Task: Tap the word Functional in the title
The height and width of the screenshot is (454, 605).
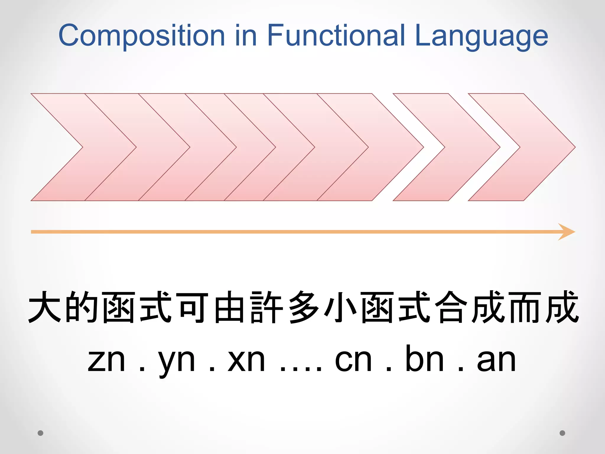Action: coord(336,35)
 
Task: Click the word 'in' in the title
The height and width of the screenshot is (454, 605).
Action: coord(246,35)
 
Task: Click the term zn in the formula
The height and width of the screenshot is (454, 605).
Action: coord(107,361)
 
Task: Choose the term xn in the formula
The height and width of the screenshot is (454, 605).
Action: coord(246,361)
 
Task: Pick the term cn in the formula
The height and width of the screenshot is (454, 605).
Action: coord(353,361)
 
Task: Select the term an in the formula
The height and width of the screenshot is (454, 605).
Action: coord(496,361)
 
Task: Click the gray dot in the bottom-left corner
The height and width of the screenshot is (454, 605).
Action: coord(40,433)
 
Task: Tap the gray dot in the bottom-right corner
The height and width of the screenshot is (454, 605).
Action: coord(562,433)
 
